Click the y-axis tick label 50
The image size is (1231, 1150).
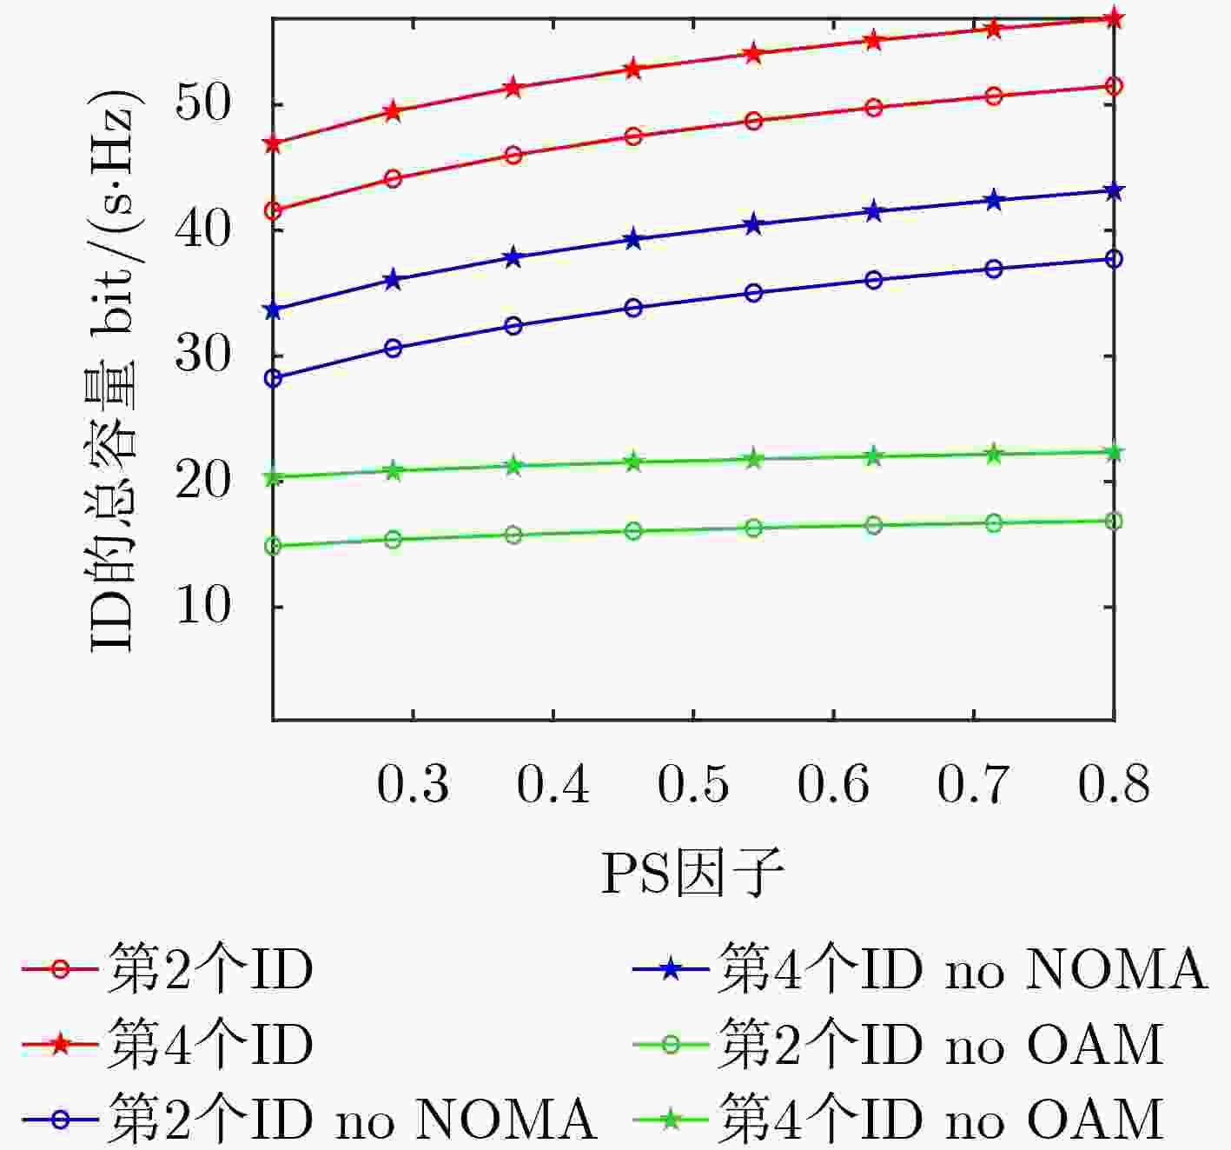pos(203,104)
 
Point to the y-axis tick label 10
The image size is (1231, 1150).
pos(203,606)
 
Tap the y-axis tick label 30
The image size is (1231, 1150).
pos(203,356)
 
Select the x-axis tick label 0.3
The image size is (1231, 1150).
pos(413,784)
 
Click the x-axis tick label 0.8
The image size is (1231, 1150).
pos(1114,784)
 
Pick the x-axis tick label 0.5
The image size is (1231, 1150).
pos(693,784)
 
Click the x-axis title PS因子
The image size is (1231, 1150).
pos(692,874)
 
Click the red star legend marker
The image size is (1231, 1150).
pos(60,1045)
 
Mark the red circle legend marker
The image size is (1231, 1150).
pos(60,969)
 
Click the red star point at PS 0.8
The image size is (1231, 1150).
pos(1114,18)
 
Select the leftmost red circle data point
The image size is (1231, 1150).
pos(273,210)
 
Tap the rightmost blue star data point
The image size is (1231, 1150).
pos(1114,191)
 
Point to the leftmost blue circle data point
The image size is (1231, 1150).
pos(273,378)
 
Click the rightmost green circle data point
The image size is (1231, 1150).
pos(1114,521)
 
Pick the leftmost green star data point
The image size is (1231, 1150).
pos(273,476)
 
